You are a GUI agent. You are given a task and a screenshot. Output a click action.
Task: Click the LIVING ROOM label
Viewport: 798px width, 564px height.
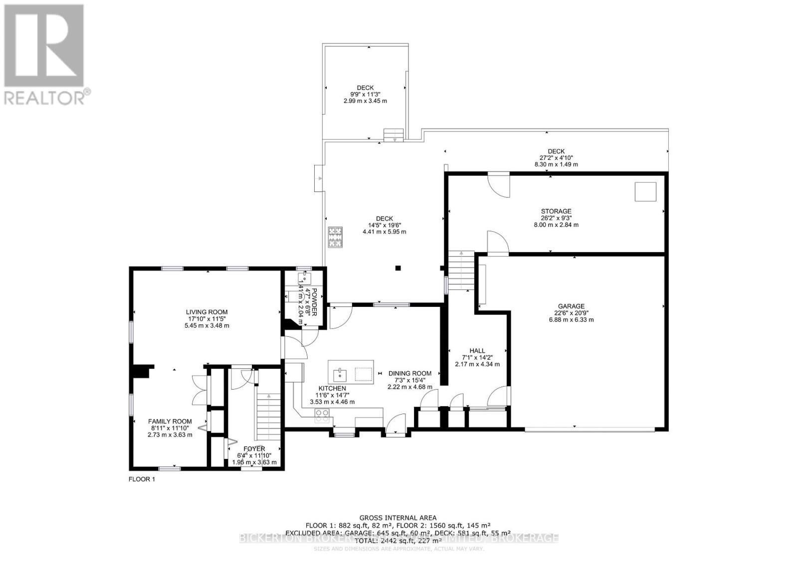(x=206, y=312)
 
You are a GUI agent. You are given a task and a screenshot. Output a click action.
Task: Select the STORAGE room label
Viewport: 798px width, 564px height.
(x=556, y=211)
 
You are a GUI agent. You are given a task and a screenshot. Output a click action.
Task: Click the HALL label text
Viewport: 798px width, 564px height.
(x=477, y=351)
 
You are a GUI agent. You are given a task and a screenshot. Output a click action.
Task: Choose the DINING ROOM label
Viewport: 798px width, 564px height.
(x=409, y=373)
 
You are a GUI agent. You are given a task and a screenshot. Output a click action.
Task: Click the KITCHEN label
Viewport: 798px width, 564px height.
(x=332, y=389)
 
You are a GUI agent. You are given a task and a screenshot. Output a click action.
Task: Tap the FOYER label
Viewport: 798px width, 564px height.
(x=254, y=449)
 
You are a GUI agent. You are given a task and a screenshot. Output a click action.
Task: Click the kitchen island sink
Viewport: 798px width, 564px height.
(x=340, y=372)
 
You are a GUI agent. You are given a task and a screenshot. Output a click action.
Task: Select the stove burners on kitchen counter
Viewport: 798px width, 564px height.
(x=322, y=413)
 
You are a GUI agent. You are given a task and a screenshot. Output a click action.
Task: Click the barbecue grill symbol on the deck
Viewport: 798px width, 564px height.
(x=335, y=237)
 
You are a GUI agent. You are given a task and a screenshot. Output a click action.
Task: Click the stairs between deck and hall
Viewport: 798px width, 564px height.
(x=461, y=271)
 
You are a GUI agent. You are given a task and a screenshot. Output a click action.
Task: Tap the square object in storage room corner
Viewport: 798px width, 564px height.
(x=645, y=192)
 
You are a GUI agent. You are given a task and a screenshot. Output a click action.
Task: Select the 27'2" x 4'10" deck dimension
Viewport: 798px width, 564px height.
(x=556, y=158)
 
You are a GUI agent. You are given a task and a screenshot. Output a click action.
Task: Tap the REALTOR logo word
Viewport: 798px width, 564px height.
(x=45, y=96)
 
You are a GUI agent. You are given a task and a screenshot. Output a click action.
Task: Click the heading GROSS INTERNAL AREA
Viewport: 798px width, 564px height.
(x=398, y=518)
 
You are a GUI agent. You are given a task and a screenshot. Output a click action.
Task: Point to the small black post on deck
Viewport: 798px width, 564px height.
(x=398, y=268)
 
